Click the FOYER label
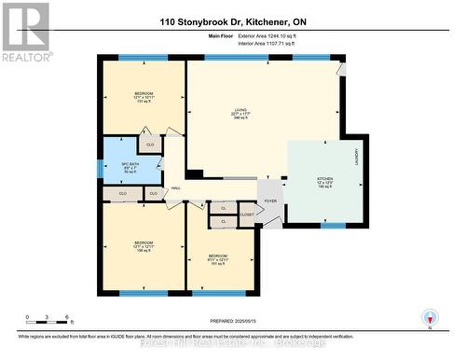(270, 201)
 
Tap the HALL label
(175, 187)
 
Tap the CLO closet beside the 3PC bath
(150, 145)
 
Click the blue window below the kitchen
(332, 225)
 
